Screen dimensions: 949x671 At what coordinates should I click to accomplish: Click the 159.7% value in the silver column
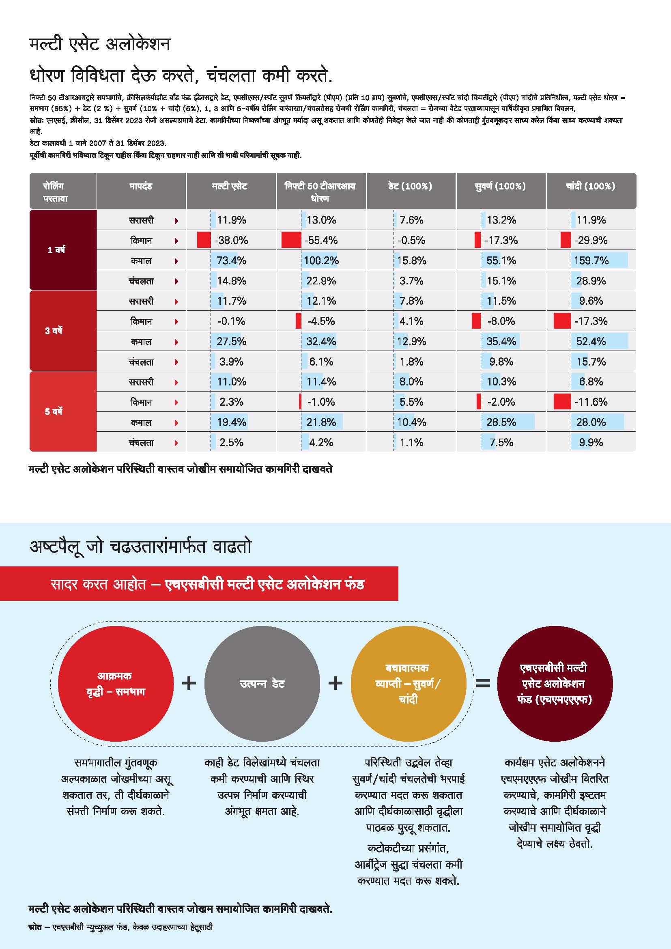pyautogui.click(x=591, y=260)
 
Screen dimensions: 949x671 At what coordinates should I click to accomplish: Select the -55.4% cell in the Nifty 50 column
pyautogui.click(x=321, y=240)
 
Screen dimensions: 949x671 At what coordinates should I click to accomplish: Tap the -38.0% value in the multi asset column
pyautogui.click(x=231, y=240)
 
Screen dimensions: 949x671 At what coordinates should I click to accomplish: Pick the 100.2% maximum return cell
pyautogui.click(x=321, y=260)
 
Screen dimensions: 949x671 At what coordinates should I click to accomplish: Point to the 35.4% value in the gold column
pyautogui.click(x=501, y=341)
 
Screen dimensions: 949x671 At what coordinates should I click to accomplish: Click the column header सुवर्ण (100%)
pyautogui.click(x=500, y=186)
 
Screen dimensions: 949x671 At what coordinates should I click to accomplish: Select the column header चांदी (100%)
pyautogui.click(x=590, y=186)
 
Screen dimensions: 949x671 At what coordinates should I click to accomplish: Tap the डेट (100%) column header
pyautogui.click(x=410, y=186)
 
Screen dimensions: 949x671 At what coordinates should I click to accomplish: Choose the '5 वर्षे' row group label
pyautogui.click(x=54, y=411)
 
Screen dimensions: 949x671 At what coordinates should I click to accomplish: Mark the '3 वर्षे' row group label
pyautogui.click(x=54, y=331)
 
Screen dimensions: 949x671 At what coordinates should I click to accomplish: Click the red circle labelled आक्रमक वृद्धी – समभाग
pyautogui.click(x=116, y=683)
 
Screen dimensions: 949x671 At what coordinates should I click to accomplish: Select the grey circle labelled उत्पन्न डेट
pyautogui.click(x=262, y=683)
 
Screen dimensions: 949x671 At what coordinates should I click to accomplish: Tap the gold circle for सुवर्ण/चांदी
pyautogui.click(x=408, y=683)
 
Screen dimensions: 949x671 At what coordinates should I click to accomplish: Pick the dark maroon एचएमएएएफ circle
pyautogui.click(x=555, y=683)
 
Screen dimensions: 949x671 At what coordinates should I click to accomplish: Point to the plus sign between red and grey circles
pyautogui.click(x=189, y=683)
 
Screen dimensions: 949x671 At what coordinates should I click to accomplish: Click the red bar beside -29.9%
pyautogui.click(x=565, y=240)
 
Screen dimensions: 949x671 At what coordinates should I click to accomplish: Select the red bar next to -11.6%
pyautogui.click(x=562, y=402)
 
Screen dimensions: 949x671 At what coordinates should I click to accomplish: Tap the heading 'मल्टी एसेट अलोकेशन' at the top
pyautogui.click(x=100, y=44)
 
